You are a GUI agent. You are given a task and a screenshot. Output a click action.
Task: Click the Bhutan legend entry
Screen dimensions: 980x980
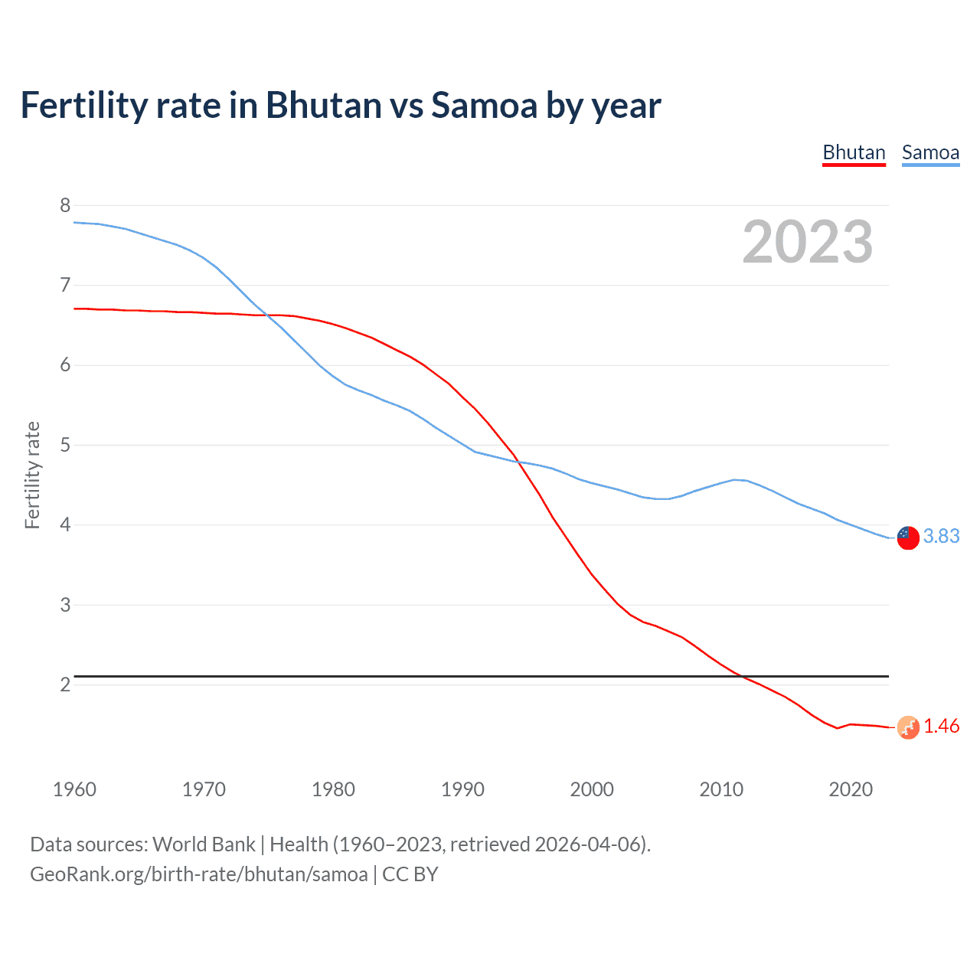pyautogui.click(x=854, y=153)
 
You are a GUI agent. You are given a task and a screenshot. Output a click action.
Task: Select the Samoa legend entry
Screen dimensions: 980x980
pyautogui.click(x=930, y=153)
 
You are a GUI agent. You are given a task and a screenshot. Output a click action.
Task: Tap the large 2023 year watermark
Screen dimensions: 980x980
pyautogui.click(x=808, y=242)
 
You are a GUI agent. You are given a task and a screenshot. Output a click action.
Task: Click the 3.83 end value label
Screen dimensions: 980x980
pyautogui.click(x=941, y=537)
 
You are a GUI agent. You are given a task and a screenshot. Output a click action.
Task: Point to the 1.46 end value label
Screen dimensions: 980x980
pyautogui.click(x=941, y=727)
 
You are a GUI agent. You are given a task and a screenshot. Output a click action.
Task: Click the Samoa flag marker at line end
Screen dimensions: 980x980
pyautogui.click(x=908, y=537)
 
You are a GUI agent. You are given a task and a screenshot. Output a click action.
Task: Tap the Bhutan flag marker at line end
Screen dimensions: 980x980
pyautogui.click(x=908, y=727)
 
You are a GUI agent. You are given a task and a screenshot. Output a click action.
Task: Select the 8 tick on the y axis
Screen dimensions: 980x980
pyautogui.click(x=65, y=205)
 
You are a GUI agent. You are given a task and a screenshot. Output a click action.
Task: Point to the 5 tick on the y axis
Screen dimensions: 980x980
pyautogui.click(x=65, y=445)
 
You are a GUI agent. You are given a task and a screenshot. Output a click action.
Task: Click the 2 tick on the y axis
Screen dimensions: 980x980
pyautogui.click(x=65, y=684)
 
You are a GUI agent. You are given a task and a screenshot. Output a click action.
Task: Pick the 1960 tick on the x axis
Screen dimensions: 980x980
pyautogui.click(x=74, y=789)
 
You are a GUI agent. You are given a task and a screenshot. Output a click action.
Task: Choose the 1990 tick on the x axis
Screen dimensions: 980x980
pyautogui.click(x=462, y=789)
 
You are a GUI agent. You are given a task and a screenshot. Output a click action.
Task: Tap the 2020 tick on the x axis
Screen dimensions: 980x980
pyautogui.click(x=851, y=789)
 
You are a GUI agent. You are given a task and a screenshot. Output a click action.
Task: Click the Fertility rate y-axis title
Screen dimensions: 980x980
pyautogui.click(x=32, y=475)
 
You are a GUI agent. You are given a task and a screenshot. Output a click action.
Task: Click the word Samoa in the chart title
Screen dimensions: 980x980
pyautogui.click(x=484, y=106)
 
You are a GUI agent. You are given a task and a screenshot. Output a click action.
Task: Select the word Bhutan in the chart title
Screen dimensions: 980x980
pyautogui.click(x=323, y=106)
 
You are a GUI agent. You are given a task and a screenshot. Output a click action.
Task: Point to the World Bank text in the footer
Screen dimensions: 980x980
pyautogui.click(x=204, y=844)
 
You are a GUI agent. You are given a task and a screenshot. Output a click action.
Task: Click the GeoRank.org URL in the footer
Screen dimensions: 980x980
pyautogui.click(x=198, y=874)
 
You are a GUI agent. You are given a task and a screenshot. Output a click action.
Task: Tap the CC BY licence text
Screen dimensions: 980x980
pyautogui.click(x=410, y=874)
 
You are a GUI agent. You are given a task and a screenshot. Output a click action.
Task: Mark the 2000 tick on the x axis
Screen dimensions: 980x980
pyautogui.click(x=592, y=789)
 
